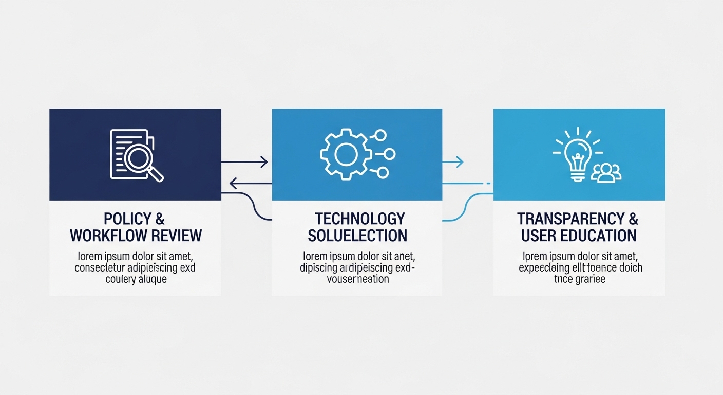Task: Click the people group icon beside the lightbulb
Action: pyautogui.click(x=606, y=173)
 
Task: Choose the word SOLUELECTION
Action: pyautogui.click(x=357, y=236)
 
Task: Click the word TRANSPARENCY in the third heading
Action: pyautogui.click(x=567, y=219)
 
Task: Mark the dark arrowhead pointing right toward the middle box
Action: pyautogui.click(x=264, y=162)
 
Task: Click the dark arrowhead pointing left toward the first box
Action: pyautogui.click(x=233, y=183)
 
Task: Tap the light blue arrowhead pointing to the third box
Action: pyautogui.click(x=460, y=162)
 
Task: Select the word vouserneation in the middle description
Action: pyautogui.click(x=358, y=279)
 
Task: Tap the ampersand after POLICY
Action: pyautogui.click(x=159, y=219)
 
